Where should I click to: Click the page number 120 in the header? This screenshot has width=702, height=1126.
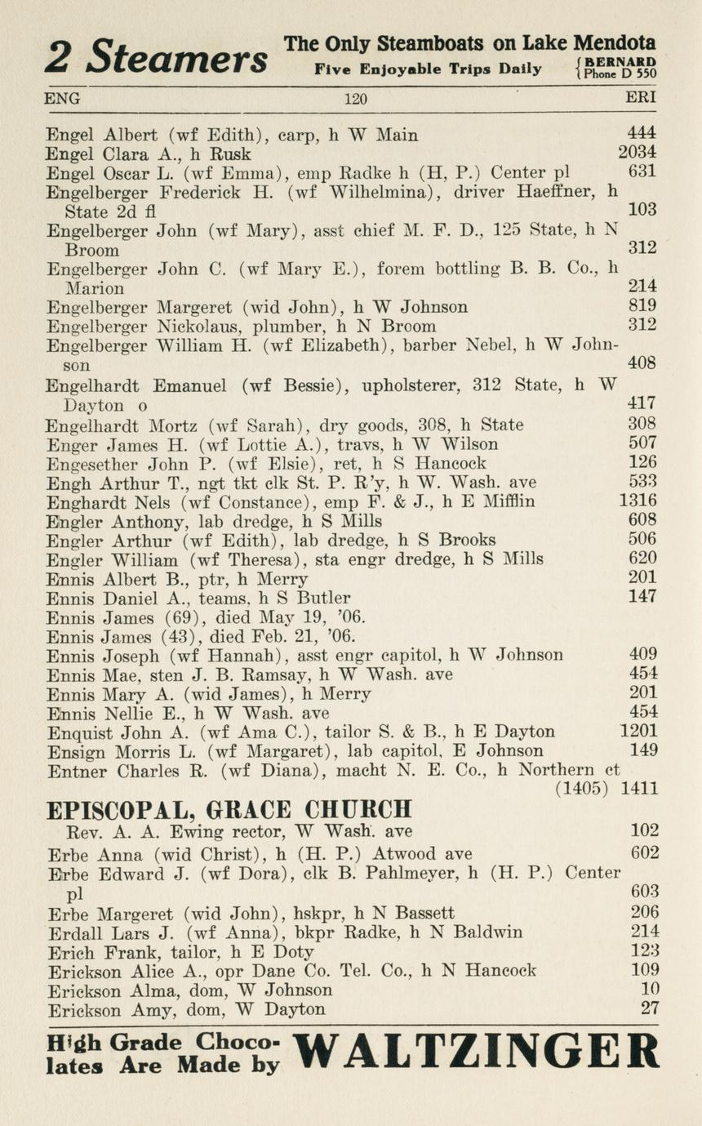pyautogui.click(x=355, y=100)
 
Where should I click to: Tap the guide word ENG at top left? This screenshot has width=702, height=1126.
pyautogui.click(x=62, y=99)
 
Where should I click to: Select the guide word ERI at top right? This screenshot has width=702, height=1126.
pyautogui.click(x=641, y=99)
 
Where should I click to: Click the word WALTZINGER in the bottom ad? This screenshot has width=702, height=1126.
pyautogui.click(x=475, y=1052)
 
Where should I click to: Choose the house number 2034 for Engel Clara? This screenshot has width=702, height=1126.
pyautogui.click(x=638, y=152)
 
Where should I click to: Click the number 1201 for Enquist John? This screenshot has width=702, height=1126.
pyautogui.click(x=638, y=732)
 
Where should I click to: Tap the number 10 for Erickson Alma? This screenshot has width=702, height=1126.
pyautogui.click(x=649, y=990)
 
